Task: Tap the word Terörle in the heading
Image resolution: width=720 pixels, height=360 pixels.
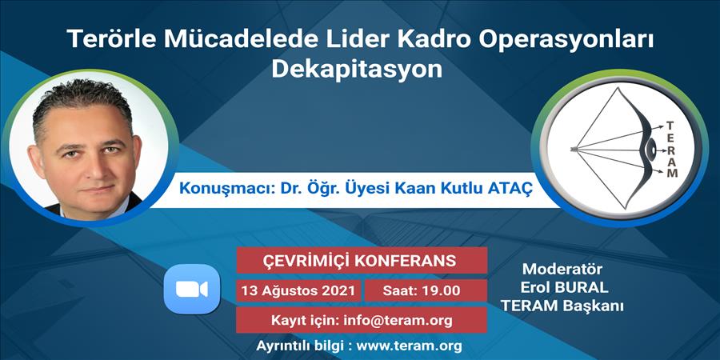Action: click(111, 38)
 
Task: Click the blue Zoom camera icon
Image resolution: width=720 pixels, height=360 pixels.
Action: click(192, 289)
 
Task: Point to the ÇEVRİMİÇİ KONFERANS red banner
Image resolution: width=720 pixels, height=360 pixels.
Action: click(362, 260)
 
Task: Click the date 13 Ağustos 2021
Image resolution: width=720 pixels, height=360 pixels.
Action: click(298, 290)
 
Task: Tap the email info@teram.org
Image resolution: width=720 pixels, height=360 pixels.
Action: click(398, 321)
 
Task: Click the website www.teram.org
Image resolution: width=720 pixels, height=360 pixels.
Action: click(409, 346)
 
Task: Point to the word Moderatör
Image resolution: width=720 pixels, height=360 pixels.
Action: click(562, 269)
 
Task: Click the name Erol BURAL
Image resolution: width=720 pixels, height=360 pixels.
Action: click(564, 287)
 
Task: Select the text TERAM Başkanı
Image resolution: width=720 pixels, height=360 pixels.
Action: click(562, 306)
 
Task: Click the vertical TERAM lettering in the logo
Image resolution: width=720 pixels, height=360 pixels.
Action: click(671, 150)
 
